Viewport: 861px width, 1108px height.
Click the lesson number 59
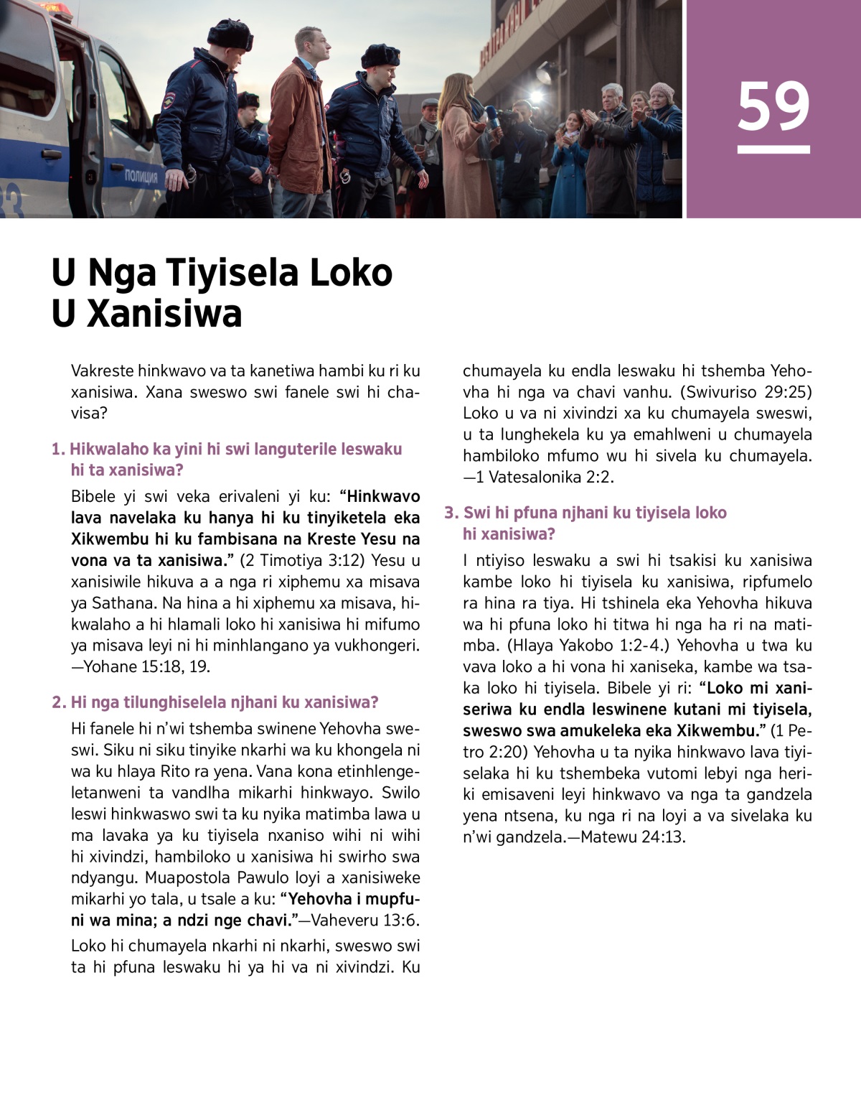click(x=773, y=106)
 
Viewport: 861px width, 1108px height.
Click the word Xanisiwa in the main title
click(x=164, y=314)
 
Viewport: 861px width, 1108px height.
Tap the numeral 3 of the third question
click(x=450, y=513)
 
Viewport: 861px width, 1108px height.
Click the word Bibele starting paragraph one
click(x=93, y=496)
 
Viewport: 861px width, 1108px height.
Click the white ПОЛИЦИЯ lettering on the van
click(x=141, y=175)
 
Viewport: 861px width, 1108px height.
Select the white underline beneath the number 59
click(x=773, y=149)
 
